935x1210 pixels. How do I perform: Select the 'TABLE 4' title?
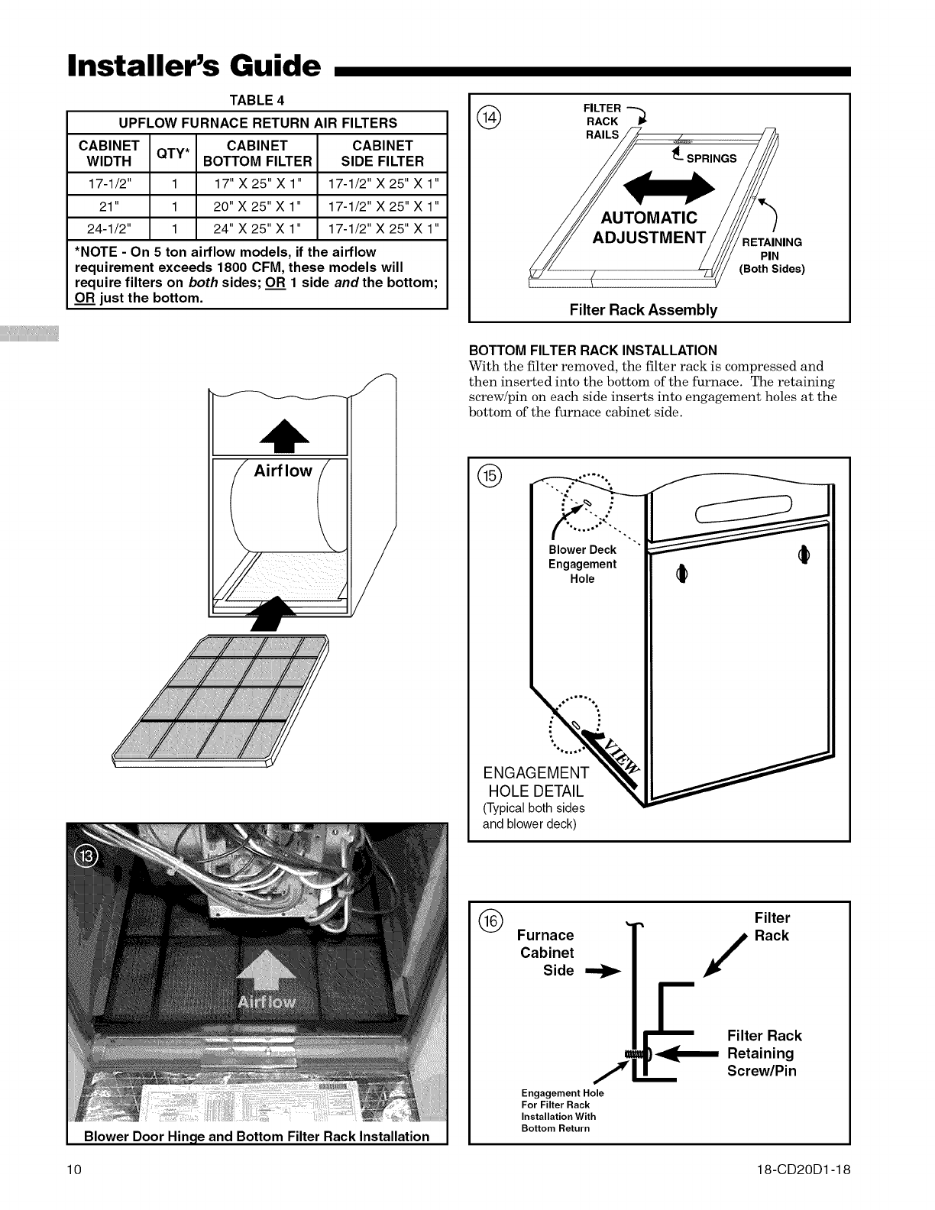pyautogui.click(x=257, y=100)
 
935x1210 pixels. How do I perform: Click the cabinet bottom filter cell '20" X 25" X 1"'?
pyautogui.click(x=257, y=206)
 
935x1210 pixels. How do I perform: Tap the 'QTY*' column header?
pyautogui.click(x=176, y=153)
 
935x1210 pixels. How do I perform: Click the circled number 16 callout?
pyautogui.click(x=489, y=920)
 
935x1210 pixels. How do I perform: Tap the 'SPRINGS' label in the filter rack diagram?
pyautogui.click(x=711, y=159)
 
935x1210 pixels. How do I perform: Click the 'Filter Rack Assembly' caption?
pyautogui.click(x=643, y=309)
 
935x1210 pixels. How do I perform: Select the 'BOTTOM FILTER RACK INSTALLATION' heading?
pyautogui.click(x=592, y=351)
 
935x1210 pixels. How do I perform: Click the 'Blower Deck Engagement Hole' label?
pyautogui.click(x=582, y=564)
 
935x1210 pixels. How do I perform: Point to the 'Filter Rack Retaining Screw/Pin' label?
pyautogui.click(x=764, y=1053)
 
